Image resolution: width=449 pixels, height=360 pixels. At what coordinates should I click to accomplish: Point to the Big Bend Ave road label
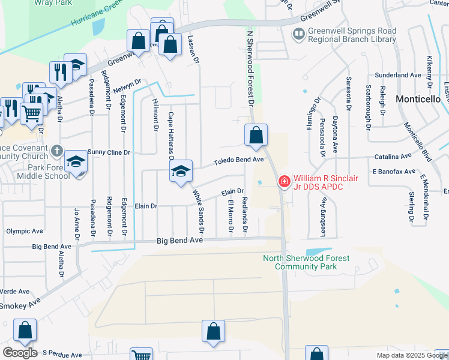tap(180, 240)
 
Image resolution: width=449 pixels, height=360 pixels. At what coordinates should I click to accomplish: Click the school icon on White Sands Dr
tap(181, 172)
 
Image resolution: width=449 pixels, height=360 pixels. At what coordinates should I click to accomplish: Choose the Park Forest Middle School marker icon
tap(76, 162)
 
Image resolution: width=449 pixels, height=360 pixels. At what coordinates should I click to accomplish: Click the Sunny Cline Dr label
tap(109, 152)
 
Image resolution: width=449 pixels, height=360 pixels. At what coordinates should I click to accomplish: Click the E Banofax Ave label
tap(393, 172)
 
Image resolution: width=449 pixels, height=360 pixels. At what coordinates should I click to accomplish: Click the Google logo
tap(20, 353)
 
